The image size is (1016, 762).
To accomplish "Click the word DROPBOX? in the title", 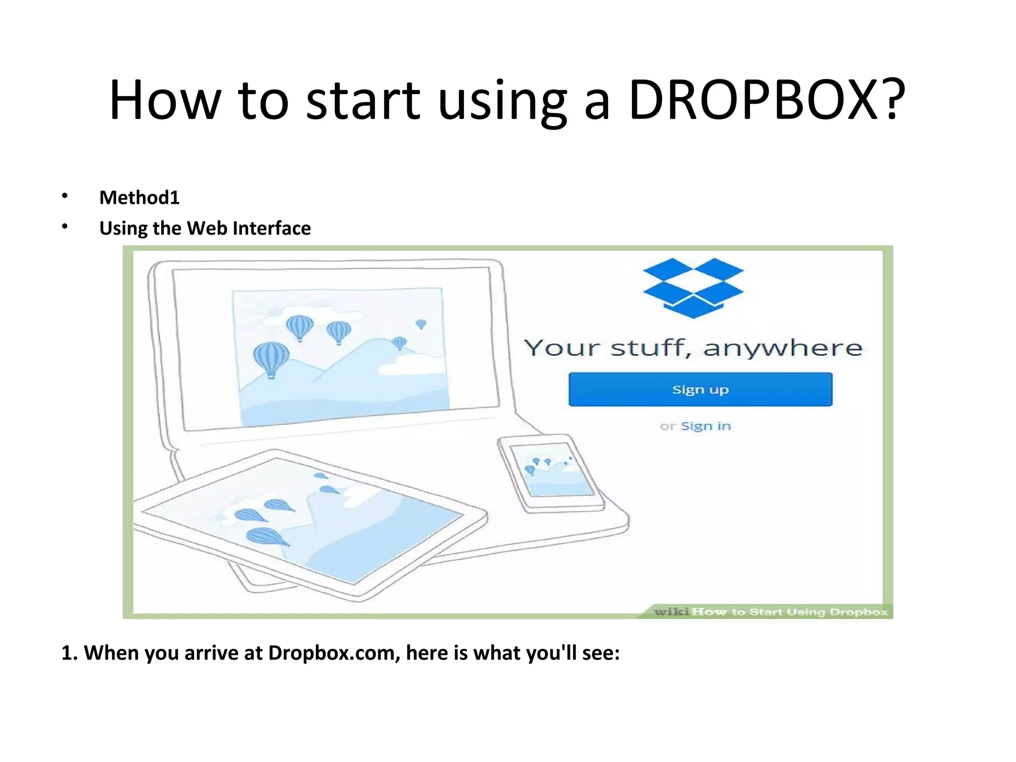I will pyautogui.click(x=766, y=100).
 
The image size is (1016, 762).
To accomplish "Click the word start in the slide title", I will pyautogui.click(x=363, y=100).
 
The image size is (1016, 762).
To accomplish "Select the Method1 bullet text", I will pyautogui.click(x=139, y=197).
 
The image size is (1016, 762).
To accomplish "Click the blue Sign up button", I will pyautogui.click(x=700, y=389).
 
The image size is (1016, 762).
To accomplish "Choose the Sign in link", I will pyautogui.click(x=705, y=426).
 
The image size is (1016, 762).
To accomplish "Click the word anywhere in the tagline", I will pyautogui.click(x=783, y=348).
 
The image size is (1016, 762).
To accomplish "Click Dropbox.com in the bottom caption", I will pyautogui.click(x=334, y=653).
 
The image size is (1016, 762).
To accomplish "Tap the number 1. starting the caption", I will pyautogui.click(x=69, y=653).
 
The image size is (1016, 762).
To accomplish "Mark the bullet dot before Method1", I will pyautogui.click(x=64, y=196).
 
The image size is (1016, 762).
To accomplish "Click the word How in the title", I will pyautogui.click(x=164, y=100).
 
